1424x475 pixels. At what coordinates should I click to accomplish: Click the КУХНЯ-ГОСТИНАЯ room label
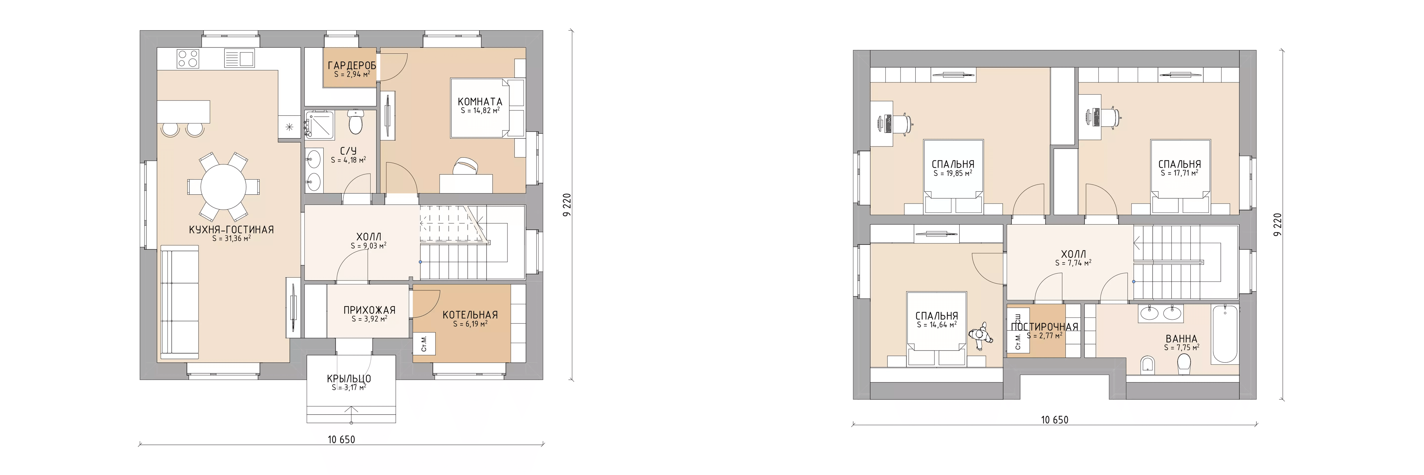pos(231,230)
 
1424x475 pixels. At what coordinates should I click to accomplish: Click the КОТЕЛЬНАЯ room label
pos(470,315)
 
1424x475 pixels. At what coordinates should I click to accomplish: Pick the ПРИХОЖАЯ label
pos(369,310)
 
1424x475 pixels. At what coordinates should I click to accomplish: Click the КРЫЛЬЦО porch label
pos(349,379)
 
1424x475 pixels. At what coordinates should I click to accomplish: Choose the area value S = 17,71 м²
pos(1180,173)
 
